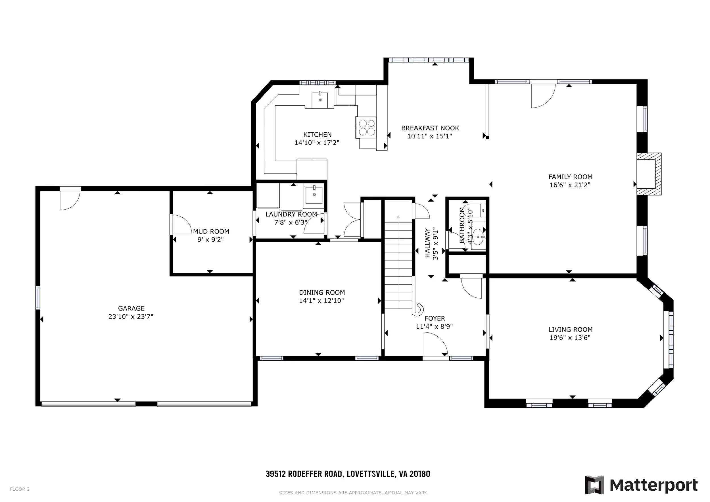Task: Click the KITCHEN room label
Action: pyautogui.click(x=317, y=135)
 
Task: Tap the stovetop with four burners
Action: pyautogui.click(x=367, y=128)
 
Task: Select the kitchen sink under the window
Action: pyautogui.click(x=320, y=100)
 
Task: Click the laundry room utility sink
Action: pyautogui.click(x=314, y=195)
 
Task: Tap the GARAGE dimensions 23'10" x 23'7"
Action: pyautogui.click(x=131, y=316)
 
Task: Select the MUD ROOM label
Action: pyautogui.click(x=211, y=231)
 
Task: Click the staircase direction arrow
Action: pyautogui.click(x=398, y=217)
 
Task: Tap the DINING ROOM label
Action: pyautogui.click(x=322, y=292)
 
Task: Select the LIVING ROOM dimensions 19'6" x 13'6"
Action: pyautogui.click(x=570, y=338)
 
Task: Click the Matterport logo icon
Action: pyautogui.click(x=594, y=485)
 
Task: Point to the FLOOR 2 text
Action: pyautogui.click(x=20, y=489)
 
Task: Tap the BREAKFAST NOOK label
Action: pyautogui.click(x=430, y=128)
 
